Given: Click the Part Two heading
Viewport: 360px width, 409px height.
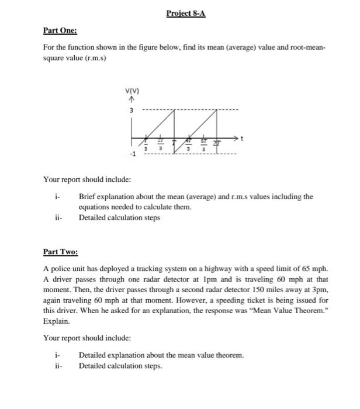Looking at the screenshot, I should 60,252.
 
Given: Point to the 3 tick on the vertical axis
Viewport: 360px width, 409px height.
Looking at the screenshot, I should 131,110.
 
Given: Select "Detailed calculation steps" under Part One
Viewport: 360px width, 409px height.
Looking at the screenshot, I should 120,217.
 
